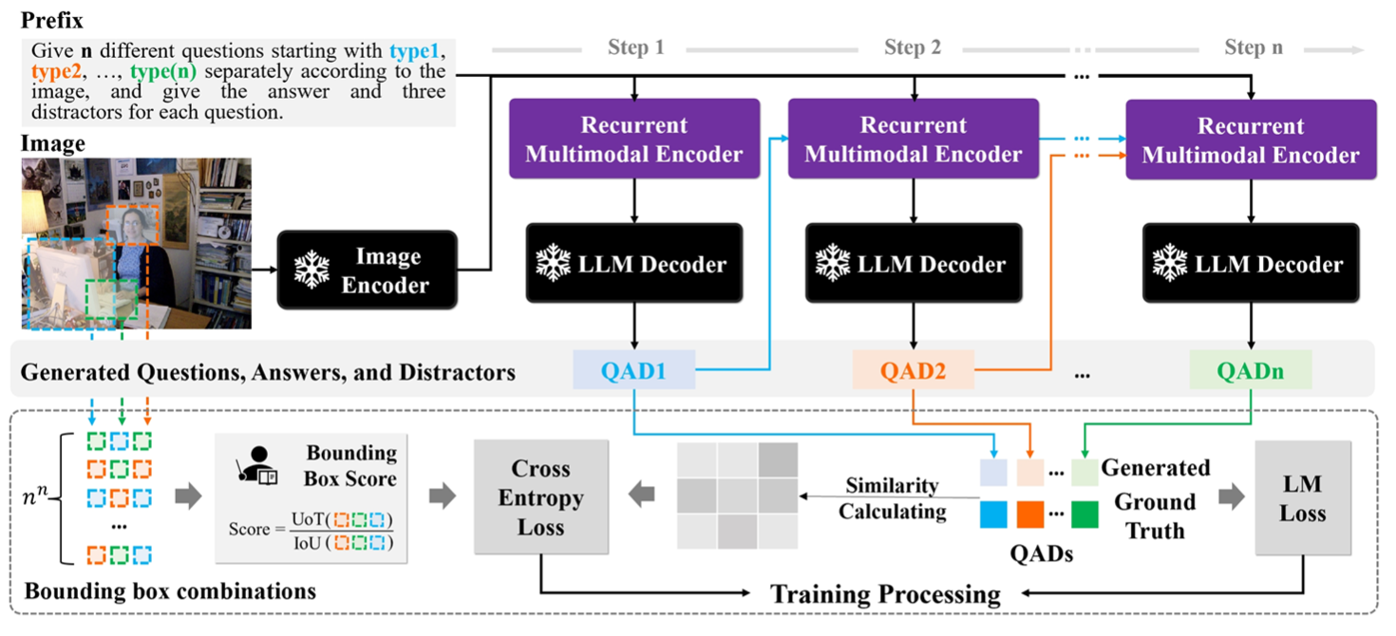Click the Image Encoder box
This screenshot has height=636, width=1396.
(367, 270)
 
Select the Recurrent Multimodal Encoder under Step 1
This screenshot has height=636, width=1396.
(634, 140)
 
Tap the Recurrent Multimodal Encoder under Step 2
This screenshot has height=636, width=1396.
(914, 140)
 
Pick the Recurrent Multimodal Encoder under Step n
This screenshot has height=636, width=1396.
(1251, 140)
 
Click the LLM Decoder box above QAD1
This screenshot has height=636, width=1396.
(634, 263)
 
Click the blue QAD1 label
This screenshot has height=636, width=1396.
(633, 370)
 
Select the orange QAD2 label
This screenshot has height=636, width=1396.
(914, 370)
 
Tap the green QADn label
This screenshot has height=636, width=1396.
(1250, 370)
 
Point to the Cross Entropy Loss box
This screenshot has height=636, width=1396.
(540, 496)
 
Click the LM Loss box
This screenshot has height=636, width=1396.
(1301, 498)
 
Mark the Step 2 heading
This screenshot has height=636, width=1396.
(913, 47)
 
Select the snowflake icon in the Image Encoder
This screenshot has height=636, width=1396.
(311, 270)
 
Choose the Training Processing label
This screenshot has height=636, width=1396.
(885, 595)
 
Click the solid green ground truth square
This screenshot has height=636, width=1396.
(1085, 514)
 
